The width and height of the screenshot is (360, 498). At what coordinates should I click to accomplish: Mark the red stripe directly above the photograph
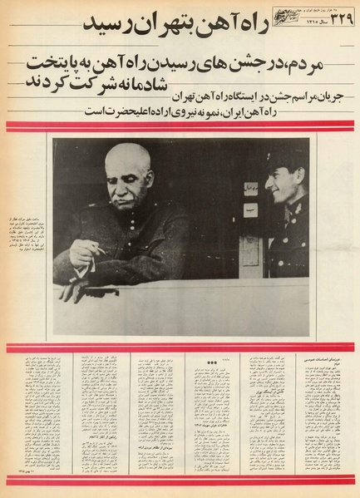coord(180,126)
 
